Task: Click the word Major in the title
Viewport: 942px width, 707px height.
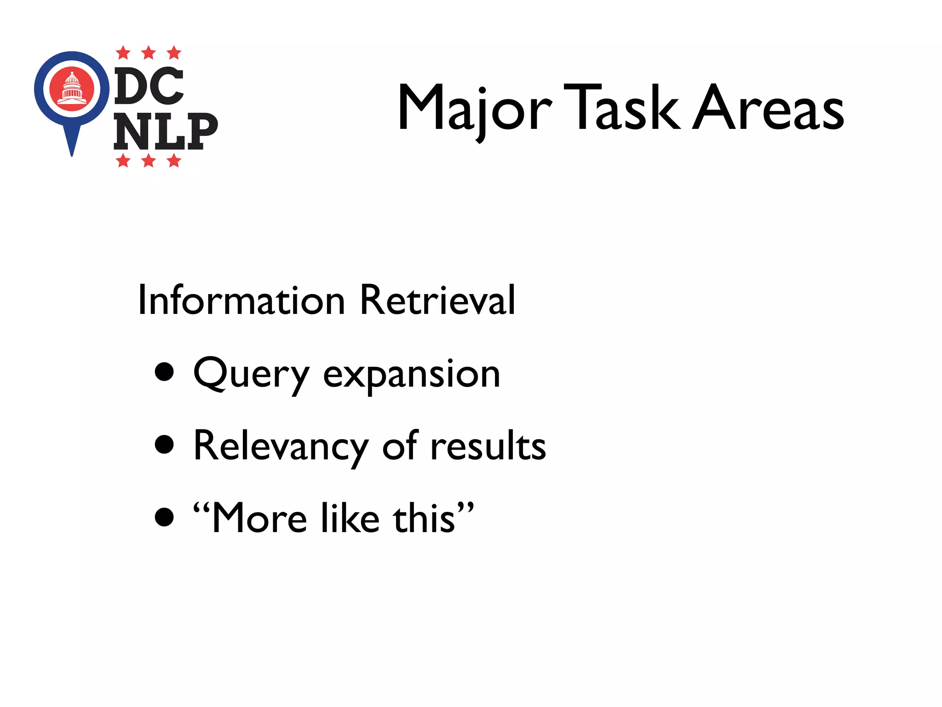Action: pos(474,109)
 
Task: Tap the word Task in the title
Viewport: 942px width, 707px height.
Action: pos(621,108)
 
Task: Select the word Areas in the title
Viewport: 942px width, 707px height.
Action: pos(768,109)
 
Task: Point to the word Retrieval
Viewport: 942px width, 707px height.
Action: pos(437,300)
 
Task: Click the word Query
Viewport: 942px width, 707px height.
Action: pos(251,374)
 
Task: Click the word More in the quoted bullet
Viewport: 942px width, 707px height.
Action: pos(259,518)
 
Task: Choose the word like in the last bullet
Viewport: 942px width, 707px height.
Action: pos(350,518)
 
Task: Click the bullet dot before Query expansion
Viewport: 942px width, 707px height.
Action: pos(164,372)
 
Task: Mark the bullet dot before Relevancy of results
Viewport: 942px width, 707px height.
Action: pos(164,444)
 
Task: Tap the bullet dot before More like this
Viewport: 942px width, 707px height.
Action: pos(164,516)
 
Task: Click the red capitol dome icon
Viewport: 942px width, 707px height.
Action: pos(72,88)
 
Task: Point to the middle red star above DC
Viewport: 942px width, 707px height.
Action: pos(149,53)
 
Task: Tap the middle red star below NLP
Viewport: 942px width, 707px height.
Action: pos(149,161)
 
